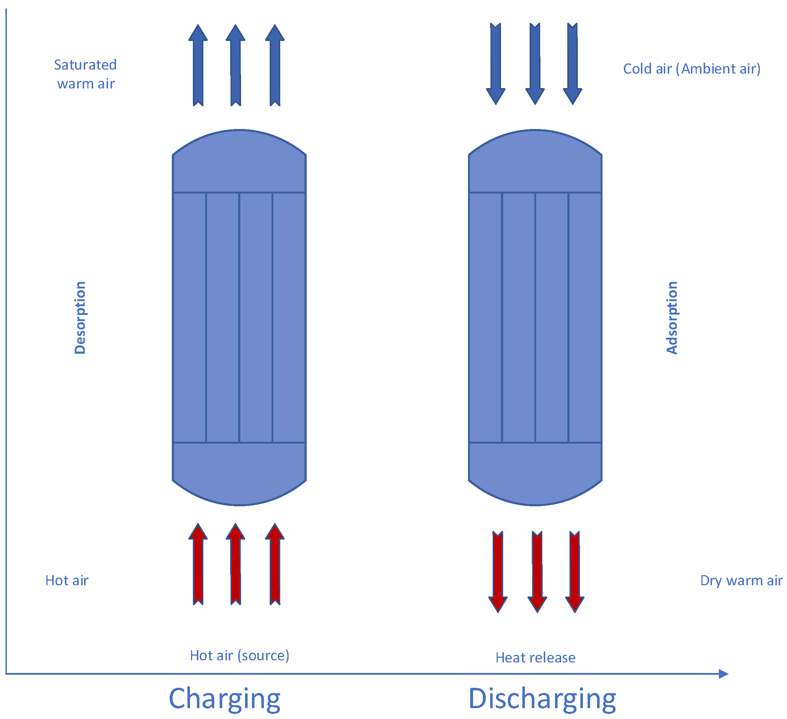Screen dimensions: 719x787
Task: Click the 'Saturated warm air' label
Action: (x=85, y=74)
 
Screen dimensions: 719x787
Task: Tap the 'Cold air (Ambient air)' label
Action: (x=691, y=69)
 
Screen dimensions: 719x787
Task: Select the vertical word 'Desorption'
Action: (x=80, y=317)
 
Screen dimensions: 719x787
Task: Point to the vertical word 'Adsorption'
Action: (x=672, y=317)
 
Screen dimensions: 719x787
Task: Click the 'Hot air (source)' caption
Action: (x=240, y=655)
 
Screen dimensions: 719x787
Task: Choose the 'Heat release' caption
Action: (x=535, y=658)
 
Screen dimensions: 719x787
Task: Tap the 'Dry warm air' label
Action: (x=741, y=581)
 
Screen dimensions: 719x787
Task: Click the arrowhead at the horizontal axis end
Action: (x=723, y=674)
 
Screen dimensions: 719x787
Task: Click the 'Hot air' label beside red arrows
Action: (x=67, y=581)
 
